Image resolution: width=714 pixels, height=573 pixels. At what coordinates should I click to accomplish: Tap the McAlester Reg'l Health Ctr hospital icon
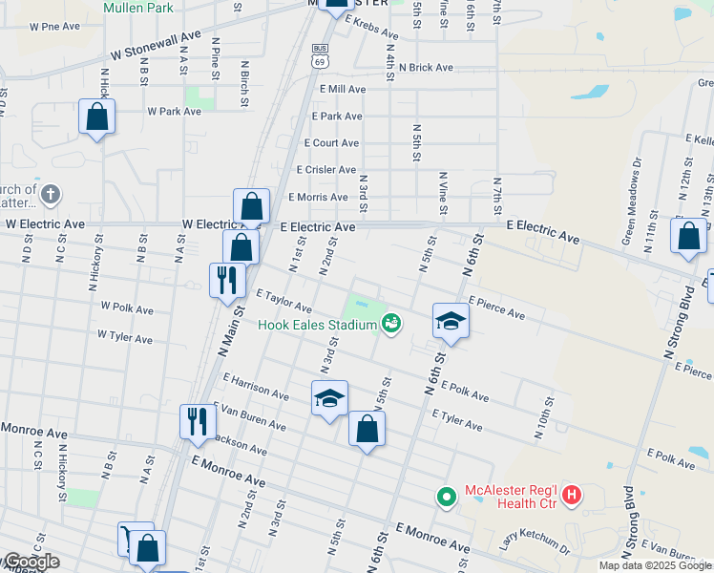coord(572,495)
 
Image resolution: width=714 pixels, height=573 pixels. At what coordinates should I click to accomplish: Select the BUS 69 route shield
coord(319,54)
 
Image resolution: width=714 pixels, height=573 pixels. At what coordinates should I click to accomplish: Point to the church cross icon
coord(52,195)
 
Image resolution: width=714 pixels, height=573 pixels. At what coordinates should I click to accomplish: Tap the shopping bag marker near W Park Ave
coord(96,118)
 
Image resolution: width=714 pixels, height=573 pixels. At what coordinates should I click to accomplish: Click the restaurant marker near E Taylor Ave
coord(226,280)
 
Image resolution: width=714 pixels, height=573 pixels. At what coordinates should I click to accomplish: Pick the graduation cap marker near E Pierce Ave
coord(451,322)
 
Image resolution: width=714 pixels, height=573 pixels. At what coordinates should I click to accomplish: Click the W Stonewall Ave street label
coord(156,45)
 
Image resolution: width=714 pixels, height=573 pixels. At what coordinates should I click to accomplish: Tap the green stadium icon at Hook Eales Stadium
coord(390,325)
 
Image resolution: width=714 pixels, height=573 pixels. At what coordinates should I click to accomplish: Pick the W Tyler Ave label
coord(126,336)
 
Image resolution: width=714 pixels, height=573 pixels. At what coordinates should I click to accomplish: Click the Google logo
coord(31,562)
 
